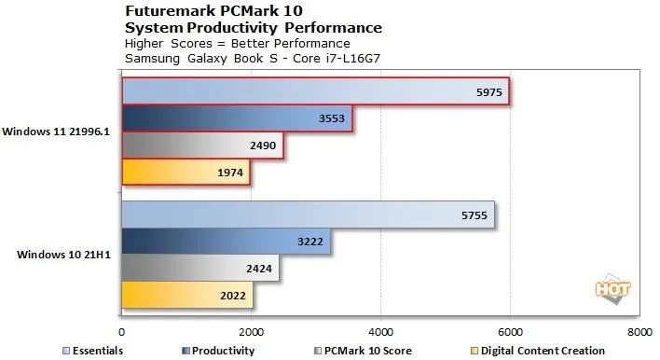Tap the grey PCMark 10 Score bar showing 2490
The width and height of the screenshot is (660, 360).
(202, 145)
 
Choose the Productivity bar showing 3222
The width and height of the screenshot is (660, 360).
(226, 242)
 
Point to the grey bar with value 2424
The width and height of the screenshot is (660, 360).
(200, 269)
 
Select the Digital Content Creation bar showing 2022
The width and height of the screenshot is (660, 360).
(186, 296)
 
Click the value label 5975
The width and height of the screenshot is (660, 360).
(487, 91)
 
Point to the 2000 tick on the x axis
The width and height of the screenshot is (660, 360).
(251, 330)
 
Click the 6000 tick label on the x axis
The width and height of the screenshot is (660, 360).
(509, 330)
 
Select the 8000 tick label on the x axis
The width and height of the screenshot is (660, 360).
(639, 330)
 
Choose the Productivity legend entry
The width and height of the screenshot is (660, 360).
(222, 350)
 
